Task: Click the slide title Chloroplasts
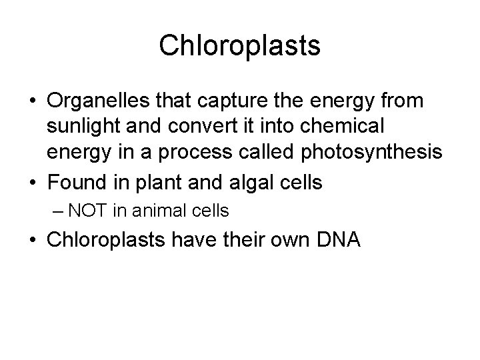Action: coord(240,46)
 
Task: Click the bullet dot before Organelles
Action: coord(32,101)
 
